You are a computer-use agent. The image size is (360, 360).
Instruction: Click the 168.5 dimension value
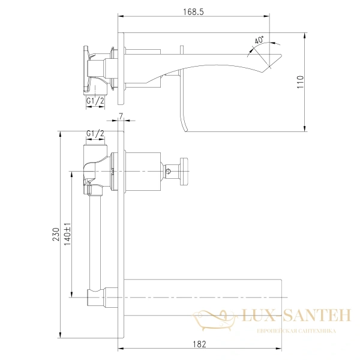pos(193,12)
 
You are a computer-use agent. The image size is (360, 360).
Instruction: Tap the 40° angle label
pos(259,40)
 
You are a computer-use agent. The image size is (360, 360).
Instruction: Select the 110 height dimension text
pos(301,82)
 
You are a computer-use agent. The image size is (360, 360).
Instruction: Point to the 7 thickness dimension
pos(121,116)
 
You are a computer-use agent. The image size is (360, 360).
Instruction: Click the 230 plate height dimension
pos(56,234)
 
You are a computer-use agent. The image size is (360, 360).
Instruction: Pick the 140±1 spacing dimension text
pos(67,234)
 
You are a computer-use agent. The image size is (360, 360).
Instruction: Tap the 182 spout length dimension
pos(199,344)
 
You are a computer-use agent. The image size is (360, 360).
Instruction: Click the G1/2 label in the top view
pos(95,101)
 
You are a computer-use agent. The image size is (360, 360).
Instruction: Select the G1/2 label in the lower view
pos(95,133)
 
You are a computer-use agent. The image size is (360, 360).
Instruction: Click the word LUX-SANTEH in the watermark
pos(296,315)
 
